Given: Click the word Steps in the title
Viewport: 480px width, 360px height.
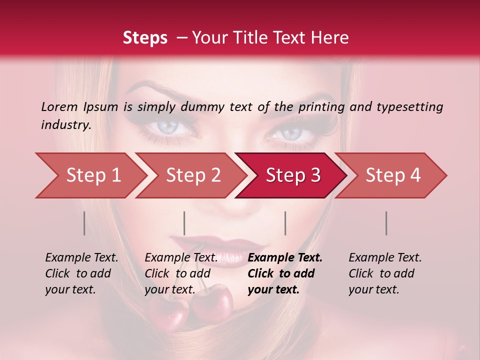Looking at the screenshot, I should point(145,38).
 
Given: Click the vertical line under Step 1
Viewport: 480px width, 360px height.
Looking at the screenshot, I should point(84,223).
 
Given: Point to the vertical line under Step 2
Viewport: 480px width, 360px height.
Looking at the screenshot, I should point(184,223).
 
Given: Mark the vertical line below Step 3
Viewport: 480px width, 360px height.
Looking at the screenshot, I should point(285,223).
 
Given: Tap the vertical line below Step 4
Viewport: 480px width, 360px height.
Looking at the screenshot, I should point(386,223).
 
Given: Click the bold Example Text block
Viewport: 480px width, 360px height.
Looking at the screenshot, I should point(285,273).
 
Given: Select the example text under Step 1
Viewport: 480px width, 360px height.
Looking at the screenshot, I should point(81,273).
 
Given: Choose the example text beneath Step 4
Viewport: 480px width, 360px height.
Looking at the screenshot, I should point(385,273).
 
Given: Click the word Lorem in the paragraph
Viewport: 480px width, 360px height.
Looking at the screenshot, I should point(59,106).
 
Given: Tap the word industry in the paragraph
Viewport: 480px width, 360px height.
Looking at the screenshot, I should point(65,125).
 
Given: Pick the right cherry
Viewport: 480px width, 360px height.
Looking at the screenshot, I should point(213,302).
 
